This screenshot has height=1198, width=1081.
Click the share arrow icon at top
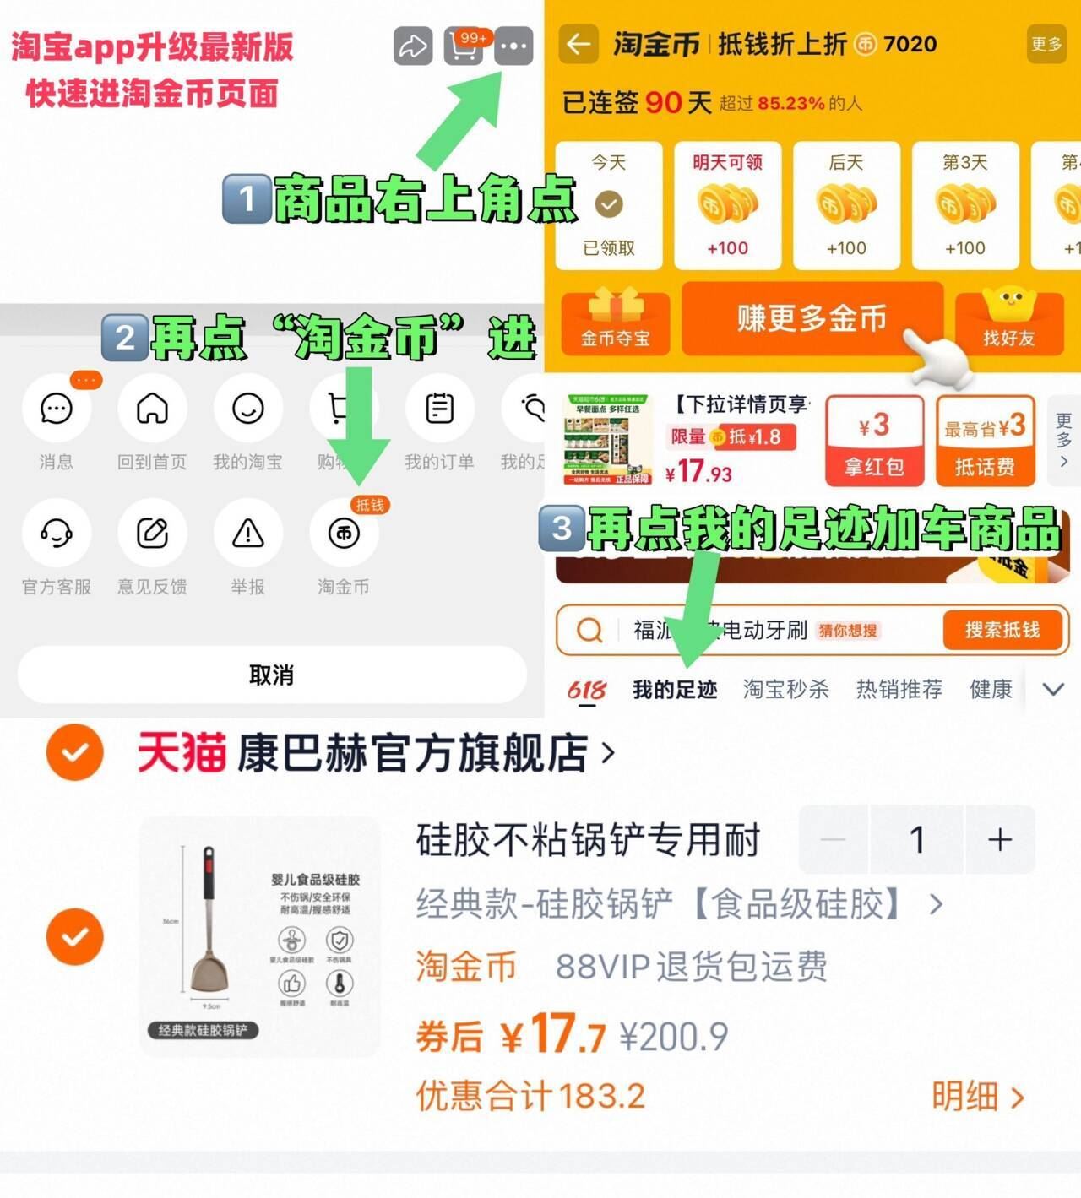(413, 46)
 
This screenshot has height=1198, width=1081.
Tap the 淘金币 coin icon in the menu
(344, 533)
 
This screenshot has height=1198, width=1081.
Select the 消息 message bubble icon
(57, 409)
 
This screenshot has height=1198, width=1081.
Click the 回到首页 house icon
(152, 409)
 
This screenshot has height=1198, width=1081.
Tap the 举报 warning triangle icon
(248, 533)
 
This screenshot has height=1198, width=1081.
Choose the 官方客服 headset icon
(57, 533)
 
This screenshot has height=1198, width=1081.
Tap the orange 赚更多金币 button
(812, 319)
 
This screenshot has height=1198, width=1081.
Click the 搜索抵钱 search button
(1002, 630)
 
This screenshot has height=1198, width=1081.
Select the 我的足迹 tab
(675, 690)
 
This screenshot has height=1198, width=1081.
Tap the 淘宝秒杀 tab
(785, 690)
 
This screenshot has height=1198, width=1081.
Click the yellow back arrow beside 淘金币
(579, 44)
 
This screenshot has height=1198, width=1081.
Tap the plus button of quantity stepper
(1000, 839)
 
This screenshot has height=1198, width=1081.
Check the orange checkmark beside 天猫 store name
(75, 751)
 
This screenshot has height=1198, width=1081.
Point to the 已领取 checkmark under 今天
(609, 204)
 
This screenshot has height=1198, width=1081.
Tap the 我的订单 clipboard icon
(439, 409)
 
